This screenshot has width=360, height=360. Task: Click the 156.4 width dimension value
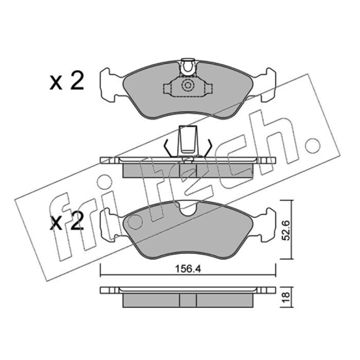[188, 269]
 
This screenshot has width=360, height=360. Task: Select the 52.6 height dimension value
[286, 230]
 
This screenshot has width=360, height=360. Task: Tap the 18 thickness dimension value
[286, 297]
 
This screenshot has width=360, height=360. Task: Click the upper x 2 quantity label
[67, 82]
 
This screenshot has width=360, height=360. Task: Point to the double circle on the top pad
[188, 85]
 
